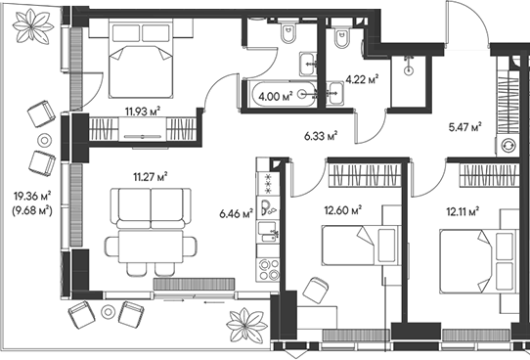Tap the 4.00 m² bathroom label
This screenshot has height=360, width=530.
click(272, 96)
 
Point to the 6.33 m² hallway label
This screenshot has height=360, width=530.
click(321, 136)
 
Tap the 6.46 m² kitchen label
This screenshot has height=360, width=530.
click(235, 211)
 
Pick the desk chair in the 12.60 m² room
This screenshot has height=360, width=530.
click(315, 290)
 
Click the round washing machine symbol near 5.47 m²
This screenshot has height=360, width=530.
click(509, 145)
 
